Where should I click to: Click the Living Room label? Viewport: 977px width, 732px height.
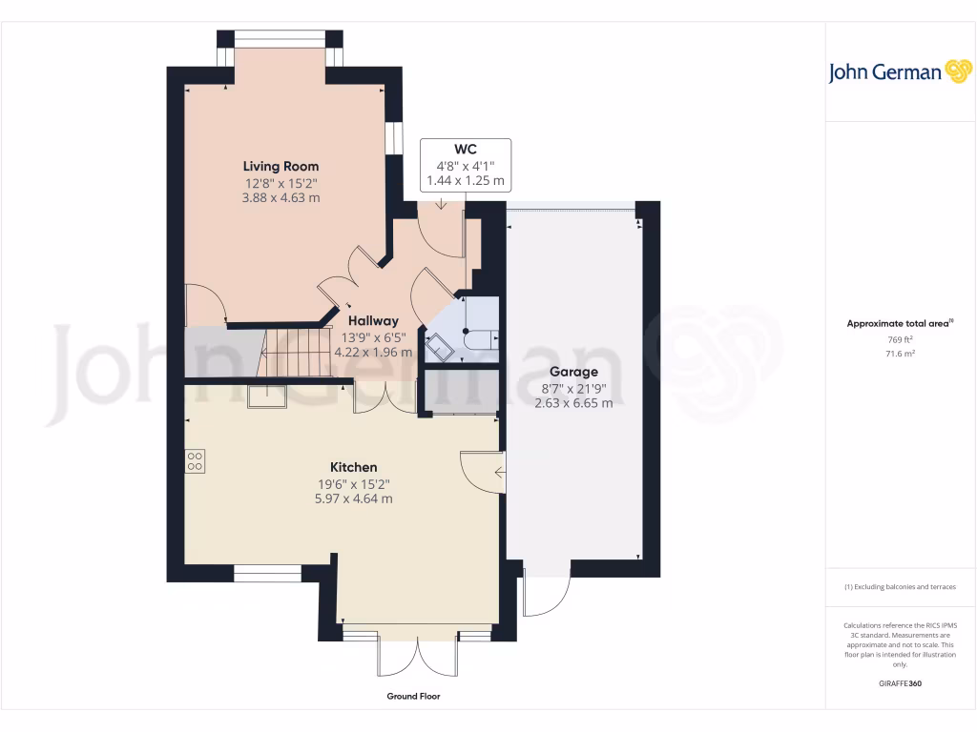click(281, 166)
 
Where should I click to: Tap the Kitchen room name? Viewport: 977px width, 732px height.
click(353, 467)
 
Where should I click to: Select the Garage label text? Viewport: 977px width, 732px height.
click(573, 372)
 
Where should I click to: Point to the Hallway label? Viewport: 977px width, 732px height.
click(373, 321)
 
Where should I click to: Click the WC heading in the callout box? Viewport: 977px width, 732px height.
click(466, 149)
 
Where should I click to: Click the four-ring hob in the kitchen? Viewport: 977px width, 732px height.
click(195, 461)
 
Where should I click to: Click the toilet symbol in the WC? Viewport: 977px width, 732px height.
click(477, 336)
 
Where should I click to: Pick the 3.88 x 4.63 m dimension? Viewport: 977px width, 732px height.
click(281, 197)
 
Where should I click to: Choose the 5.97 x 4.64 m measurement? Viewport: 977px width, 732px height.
click(353, 498)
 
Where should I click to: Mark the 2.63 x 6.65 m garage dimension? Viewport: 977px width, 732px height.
click(573, 403)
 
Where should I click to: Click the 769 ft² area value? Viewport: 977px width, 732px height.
click(900, 339)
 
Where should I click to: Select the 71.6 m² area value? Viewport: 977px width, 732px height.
click(900, 354)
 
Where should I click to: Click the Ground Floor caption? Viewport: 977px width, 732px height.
click(413, 697)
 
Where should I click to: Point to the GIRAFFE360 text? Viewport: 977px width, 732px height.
click(900, 683)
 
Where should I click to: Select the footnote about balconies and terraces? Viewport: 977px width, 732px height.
click(900, 587)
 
